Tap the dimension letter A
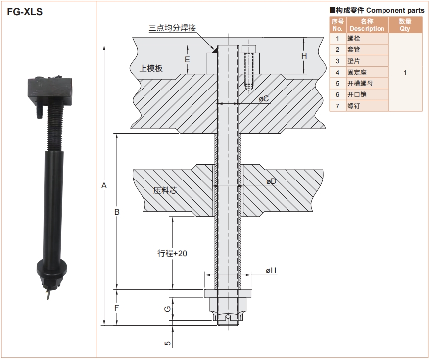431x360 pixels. click(103, 185)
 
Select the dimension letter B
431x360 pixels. click(117, 212)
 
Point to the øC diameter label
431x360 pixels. click(264, 99)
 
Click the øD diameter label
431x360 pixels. click(271, 181)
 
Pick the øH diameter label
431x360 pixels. click(271, 270)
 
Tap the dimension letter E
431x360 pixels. click(187, 59)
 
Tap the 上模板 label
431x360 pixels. click(151, 68)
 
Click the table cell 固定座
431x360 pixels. click(357, 72)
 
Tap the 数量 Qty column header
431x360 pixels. click(405, 25)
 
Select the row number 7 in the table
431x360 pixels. click(337, 106)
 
